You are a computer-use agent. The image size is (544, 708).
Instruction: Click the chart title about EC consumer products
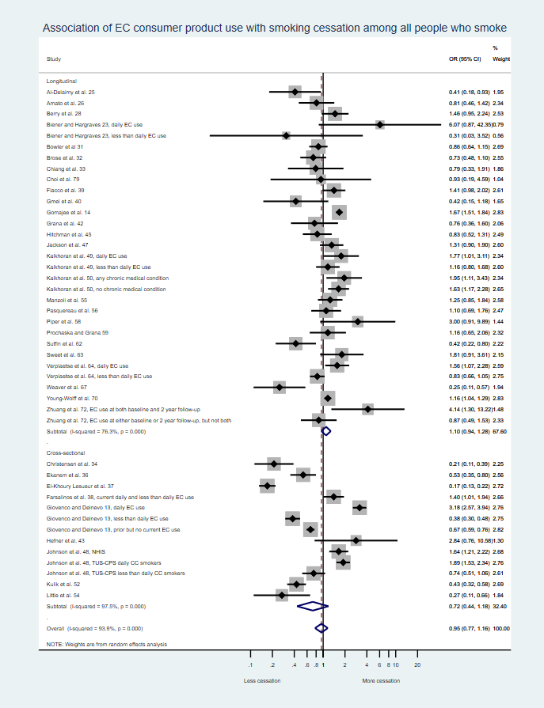click(274, 28)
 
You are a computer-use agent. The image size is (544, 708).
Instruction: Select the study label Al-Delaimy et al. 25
click(70, 92)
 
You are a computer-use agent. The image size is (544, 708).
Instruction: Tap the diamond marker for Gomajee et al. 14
click(340, 213)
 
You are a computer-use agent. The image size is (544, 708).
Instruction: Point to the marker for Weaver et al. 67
click(279, 388)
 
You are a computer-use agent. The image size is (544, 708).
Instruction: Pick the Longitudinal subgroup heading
click(62, 81)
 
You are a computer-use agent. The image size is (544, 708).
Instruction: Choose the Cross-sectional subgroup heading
click(66, 452)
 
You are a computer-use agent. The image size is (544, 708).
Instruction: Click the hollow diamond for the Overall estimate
click(321, 628)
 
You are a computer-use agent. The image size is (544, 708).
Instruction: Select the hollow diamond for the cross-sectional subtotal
click(312, 606)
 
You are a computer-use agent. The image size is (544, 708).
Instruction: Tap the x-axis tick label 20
click(417, 664)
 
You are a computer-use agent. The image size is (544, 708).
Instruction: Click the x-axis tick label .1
click(251, 664)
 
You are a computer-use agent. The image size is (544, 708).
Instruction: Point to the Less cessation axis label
click(261, 681)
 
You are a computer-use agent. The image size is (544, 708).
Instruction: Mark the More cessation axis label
click(381, 681)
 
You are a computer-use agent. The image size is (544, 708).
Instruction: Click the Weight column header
click(501, 59)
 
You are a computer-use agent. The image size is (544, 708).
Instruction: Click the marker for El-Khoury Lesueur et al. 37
click(268, 486)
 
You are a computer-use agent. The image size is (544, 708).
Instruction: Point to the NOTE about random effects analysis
click(107, 645)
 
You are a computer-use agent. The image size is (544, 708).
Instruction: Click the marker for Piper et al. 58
click(358, 322)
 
